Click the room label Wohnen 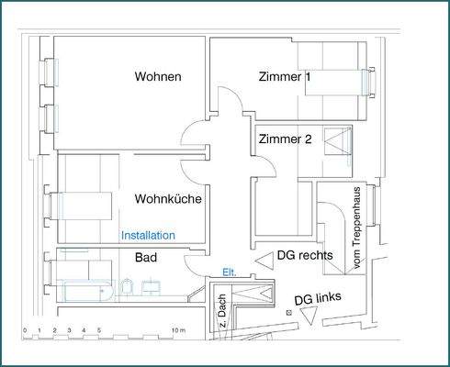(x=157, y=76)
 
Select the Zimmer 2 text (x=286, y=139)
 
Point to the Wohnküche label (x=168, y=198)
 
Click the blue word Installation (x=148, y=236)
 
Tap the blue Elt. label (x=230, y=272)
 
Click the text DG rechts (x=305, y=256)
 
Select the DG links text (x=317, y=300)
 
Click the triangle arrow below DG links (x=309, y=317)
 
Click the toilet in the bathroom (x=129, y=289)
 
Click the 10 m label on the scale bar (x=177, y=329)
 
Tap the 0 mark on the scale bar (x=25, y=329)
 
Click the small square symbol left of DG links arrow (x=288, y=314)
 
